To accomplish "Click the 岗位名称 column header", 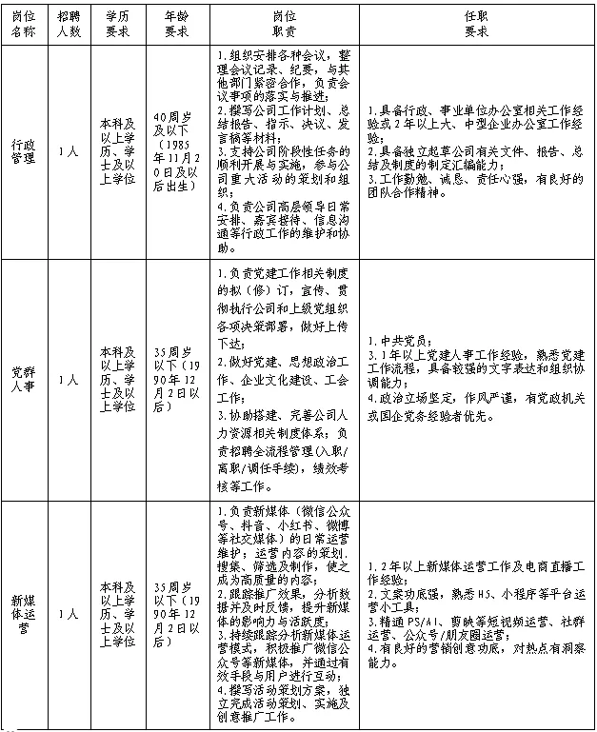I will coord(22,24).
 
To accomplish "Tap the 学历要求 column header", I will coord(117,24).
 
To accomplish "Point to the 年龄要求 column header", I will coord(176,24).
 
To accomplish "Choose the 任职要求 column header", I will coord(476,24).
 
